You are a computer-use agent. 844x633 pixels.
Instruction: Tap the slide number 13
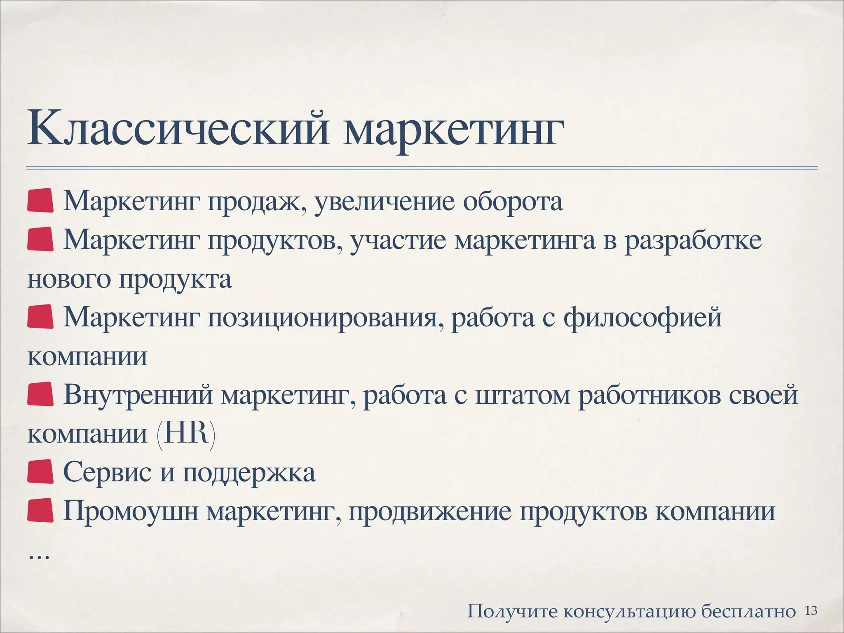[x=811, y=610]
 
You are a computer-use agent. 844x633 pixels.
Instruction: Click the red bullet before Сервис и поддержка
[x=40, y=471]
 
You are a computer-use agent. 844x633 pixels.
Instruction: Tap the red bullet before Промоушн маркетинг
[x=40, y=510]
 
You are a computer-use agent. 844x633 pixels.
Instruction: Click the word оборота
[x=513, y=202]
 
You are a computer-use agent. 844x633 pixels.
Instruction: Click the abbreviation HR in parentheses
[x=186, y=434]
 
